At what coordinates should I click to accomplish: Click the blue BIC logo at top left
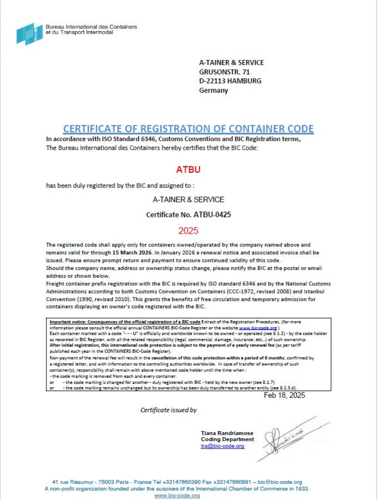(x=29, y=34)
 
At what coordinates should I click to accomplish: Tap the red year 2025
(x=189, y=231)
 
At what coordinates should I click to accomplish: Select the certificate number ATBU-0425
(x=212, y=215)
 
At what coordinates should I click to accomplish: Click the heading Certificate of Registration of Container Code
(x=189, y=129)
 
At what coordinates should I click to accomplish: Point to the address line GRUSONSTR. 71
(x=224, y=72)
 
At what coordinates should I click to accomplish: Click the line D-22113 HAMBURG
(x=230, y=81)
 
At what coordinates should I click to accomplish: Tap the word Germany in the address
(x=214, y=90)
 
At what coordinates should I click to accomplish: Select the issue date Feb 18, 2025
(x=284, y=395)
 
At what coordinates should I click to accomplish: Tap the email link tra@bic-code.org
(x=223, y=446)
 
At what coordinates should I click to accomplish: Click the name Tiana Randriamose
(x=227, y=433)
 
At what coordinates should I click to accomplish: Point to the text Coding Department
(x=227, y=439)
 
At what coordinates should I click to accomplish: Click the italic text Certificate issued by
(x=169, y=410)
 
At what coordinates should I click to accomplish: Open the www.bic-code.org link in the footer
(x=177, y=495)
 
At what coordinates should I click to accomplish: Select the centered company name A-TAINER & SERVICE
(x=189, y=200)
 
